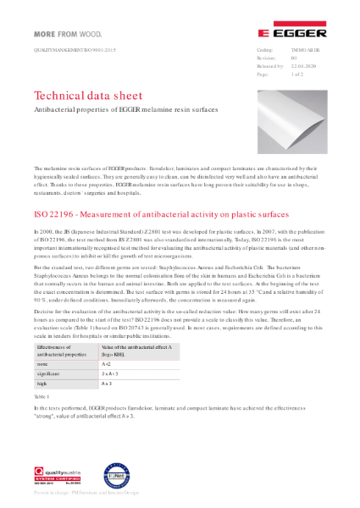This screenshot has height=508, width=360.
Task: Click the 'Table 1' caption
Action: [x=42, y=395]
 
